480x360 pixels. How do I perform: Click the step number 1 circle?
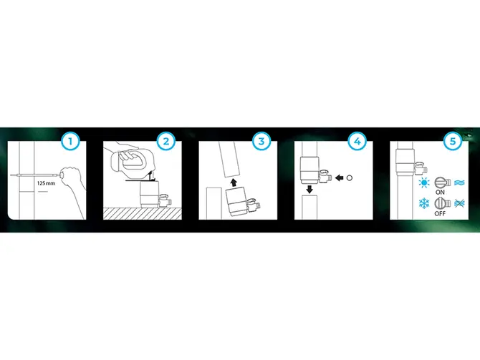[x=71, y=141]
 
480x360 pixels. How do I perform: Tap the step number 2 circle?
[x=166, y=141]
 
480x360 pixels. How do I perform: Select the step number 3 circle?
[x=261, y=141]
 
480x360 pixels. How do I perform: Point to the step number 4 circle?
[x=357, y=141]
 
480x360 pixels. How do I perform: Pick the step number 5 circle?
[x=453, y=141]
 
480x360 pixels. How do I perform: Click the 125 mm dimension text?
[x=46, y=183]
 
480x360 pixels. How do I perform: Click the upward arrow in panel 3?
[x=234, y=183]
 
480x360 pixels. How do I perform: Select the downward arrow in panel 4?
[x=309, y=190]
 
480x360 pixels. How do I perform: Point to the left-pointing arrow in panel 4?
[x=339, y=177]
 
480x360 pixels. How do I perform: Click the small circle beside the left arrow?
[x=350, y=177]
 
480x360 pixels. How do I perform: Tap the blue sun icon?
[x=424, y=183]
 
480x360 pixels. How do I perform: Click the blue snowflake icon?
[x=424, y=203]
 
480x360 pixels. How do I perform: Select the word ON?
[x=440, y=193]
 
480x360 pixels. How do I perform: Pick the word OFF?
[x=440, y=213]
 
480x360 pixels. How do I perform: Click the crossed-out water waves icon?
[x=459, y=203]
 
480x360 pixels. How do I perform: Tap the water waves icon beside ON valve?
[x=459, y=183]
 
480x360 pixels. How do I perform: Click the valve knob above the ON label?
[x=440, y=183]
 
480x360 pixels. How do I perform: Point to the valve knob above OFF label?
[x=440, y=203]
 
